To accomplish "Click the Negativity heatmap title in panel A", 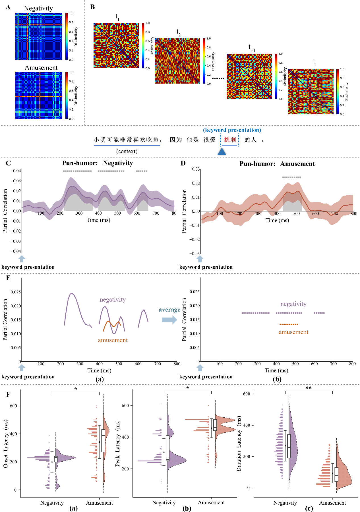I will point(38,8).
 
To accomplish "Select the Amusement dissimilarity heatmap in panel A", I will point(39,95).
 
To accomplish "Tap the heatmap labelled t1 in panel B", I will point(116,45).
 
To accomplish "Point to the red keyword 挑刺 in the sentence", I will point(230,140).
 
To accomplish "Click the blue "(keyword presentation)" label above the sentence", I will point(232,130).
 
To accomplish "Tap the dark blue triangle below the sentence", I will point(222,152).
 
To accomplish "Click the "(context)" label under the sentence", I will point(127,151).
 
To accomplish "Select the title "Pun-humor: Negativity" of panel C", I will point(98,163).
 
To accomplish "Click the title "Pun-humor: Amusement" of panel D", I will point(277,163).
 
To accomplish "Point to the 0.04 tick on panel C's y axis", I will point(17,171).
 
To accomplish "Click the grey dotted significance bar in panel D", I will point(291,177).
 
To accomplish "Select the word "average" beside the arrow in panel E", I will point(169,310).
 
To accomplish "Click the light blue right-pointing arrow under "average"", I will point(169,320).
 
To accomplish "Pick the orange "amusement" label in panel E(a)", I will point(113,340).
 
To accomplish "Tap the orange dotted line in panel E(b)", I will point(289,324).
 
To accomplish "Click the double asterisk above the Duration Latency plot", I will point(309,388).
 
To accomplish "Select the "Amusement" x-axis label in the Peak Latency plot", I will point(211,502).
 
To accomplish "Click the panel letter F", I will point(8,394).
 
